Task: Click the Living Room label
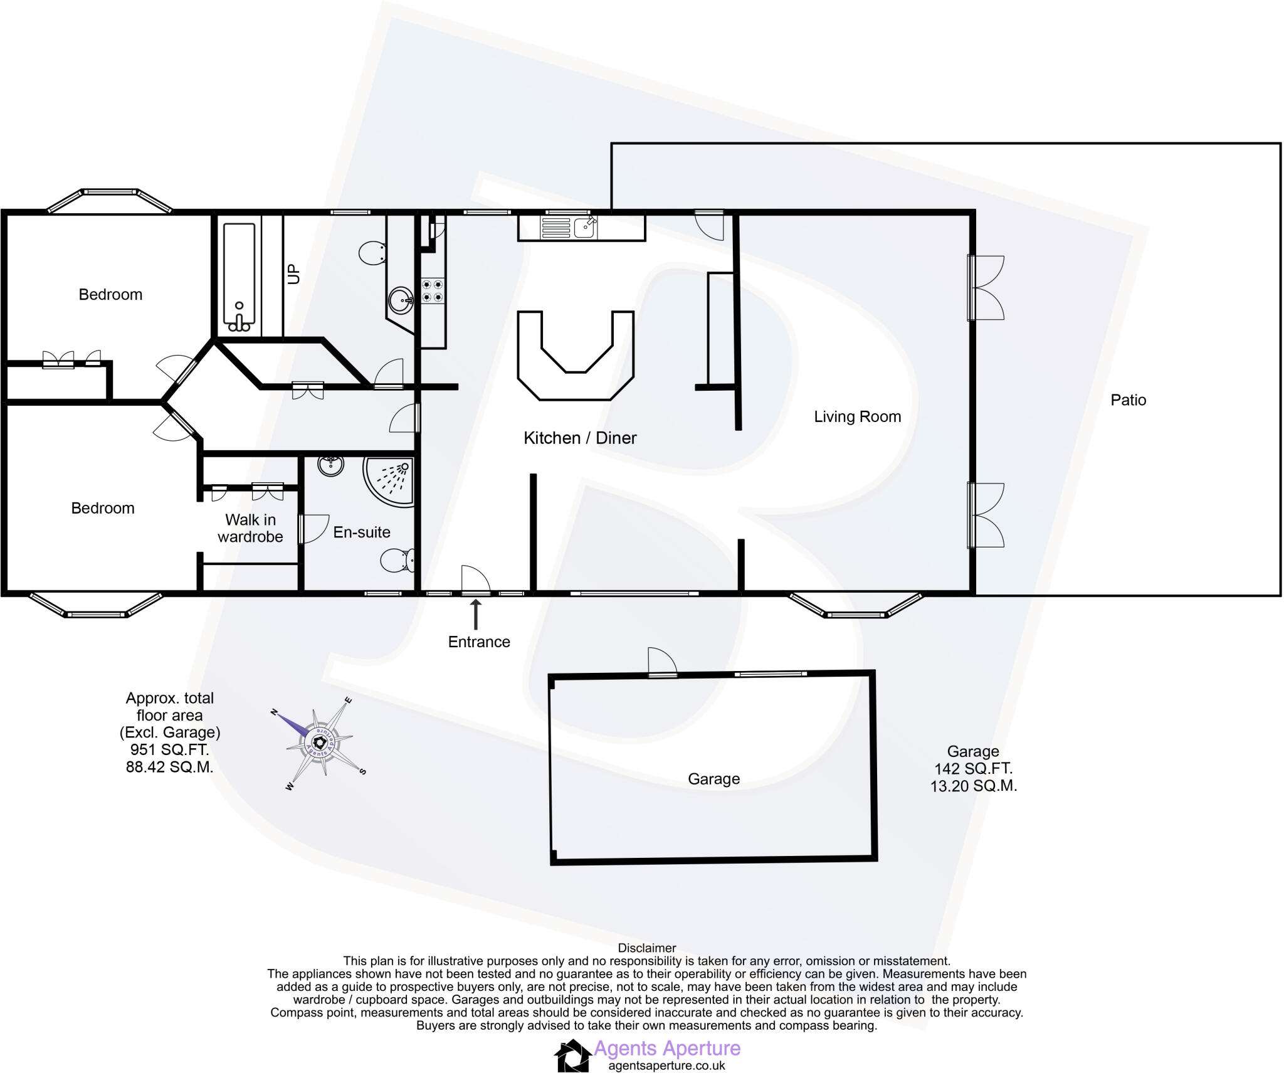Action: point(857,416)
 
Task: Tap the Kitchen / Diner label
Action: point(580,438)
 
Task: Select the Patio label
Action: point(1128,400)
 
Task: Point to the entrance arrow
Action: point(476,615)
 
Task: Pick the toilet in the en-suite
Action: point(397,559)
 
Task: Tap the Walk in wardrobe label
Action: point(250,528)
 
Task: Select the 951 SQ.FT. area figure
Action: point(169,749)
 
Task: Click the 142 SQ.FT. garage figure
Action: point(973,768)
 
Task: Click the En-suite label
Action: point(362,532)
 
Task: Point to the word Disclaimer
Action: point(647,948)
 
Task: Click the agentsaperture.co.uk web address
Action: point(666,1065)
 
